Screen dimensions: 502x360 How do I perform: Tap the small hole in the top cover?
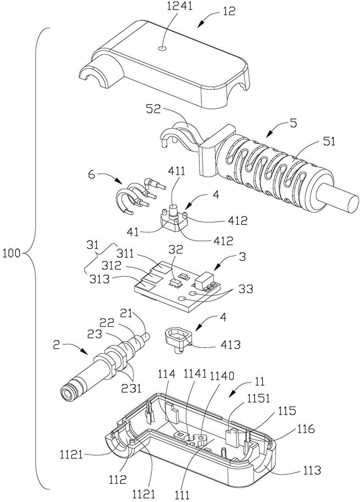pos(162,49)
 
